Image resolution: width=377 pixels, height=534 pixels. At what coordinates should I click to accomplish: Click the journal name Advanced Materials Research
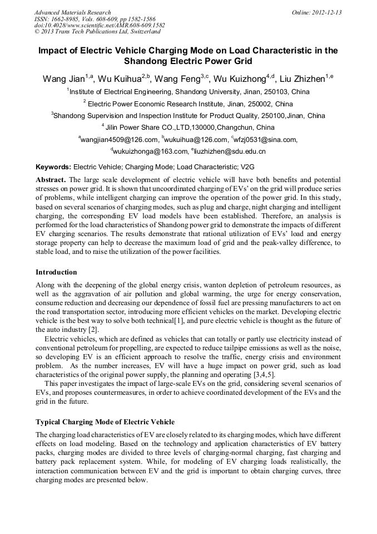[72, 12]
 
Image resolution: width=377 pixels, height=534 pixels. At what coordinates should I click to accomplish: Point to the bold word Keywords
[53, 166]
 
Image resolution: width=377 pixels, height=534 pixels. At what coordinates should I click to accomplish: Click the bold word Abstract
[51, 180]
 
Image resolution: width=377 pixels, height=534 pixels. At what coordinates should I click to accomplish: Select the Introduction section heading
[56, 272]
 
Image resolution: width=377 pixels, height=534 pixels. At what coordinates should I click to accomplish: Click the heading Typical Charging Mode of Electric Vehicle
[105, 422]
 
